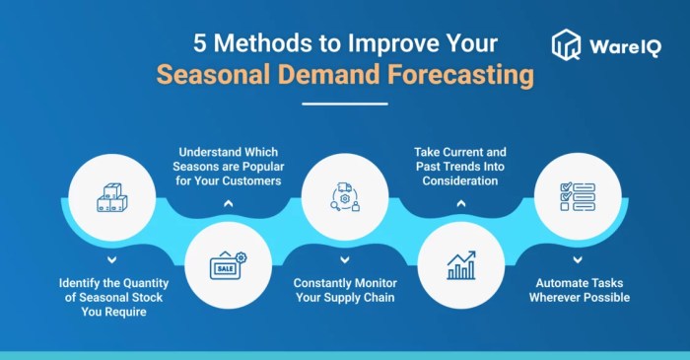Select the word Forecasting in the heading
[x=459, y=76]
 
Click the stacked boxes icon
[x=111, y=198]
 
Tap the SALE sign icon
[x=228, y=265]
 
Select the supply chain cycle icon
[x=344, y=198]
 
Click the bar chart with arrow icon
[x=460, y=265]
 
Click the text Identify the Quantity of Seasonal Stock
[x=111, y=296]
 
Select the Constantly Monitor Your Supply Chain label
[x=344, y=289]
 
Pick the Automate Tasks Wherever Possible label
[x=578, y=289]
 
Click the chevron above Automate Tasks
[x=578, y=259]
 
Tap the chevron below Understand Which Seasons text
[x=228, y=202]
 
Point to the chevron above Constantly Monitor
[x=344, y=259]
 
